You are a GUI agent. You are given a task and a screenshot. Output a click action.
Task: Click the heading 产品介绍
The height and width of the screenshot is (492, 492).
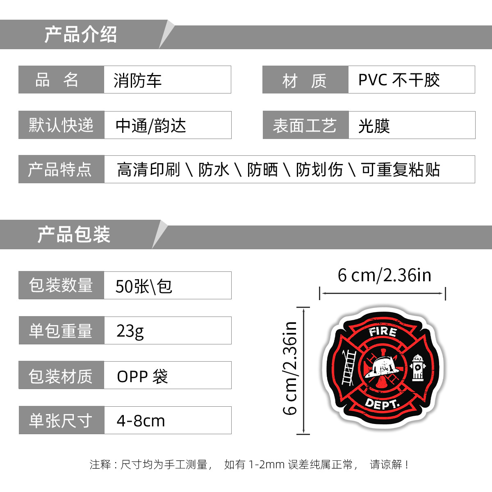(x=81, y=35)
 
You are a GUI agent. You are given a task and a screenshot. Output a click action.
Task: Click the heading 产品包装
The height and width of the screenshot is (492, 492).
(x=74, y=235)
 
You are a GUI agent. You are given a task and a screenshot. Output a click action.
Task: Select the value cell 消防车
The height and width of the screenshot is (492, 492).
(x=138, y=80)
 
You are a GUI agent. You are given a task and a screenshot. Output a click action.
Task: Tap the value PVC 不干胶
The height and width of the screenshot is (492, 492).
(x=399, y=80)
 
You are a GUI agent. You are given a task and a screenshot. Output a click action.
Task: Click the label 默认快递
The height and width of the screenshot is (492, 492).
(x=61, y=125)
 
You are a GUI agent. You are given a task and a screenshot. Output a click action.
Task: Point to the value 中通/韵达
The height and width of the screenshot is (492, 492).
(x=151, y=125)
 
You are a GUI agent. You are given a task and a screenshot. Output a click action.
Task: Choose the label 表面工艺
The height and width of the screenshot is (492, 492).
(x=305, y=125)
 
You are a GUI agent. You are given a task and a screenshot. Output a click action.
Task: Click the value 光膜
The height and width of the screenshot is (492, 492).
(x=374, y=126)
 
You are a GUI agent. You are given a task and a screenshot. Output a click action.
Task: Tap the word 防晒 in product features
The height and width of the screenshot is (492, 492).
(x=262, y=169)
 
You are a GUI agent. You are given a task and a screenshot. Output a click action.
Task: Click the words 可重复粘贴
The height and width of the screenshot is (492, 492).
(x=400, y=169)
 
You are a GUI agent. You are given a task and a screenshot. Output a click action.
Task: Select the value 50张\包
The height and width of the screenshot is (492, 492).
(x=143, y=286)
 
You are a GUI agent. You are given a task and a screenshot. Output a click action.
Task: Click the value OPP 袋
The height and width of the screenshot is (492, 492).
(x=142, y=376)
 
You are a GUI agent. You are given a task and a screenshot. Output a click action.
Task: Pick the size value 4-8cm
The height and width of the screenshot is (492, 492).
(x=141, y=421)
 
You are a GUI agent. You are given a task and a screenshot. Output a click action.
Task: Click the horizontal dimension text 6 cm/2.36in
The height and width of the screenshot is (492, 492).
(x=384, y=275)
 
